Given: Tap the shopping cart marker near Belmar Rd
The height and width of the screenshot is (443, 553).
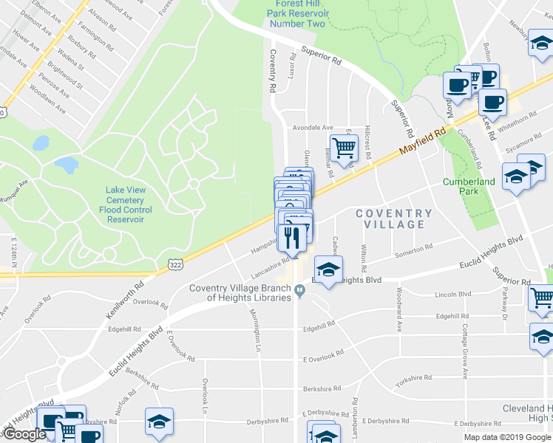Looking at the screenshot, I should pyautogui.click(x=344, y=148).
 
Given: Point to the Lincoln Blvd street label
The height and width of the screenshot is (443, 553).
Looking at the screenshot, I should pyautogui.click(x=454, y=295).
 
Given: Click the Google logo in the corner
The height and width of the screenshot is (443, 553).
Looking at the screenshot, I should pyautogui.click(x=24, y=434).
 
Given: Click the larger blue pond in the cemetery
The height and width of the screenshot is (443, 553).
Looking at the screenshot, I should pyautogui.click(x=67, y=164).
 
